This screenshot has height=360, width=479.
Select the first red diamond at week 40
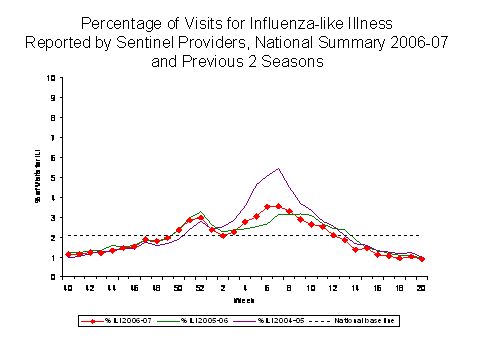click(x=68, y=255)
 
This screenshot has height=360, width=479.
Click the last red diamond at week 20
click(x=421, y=259)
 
